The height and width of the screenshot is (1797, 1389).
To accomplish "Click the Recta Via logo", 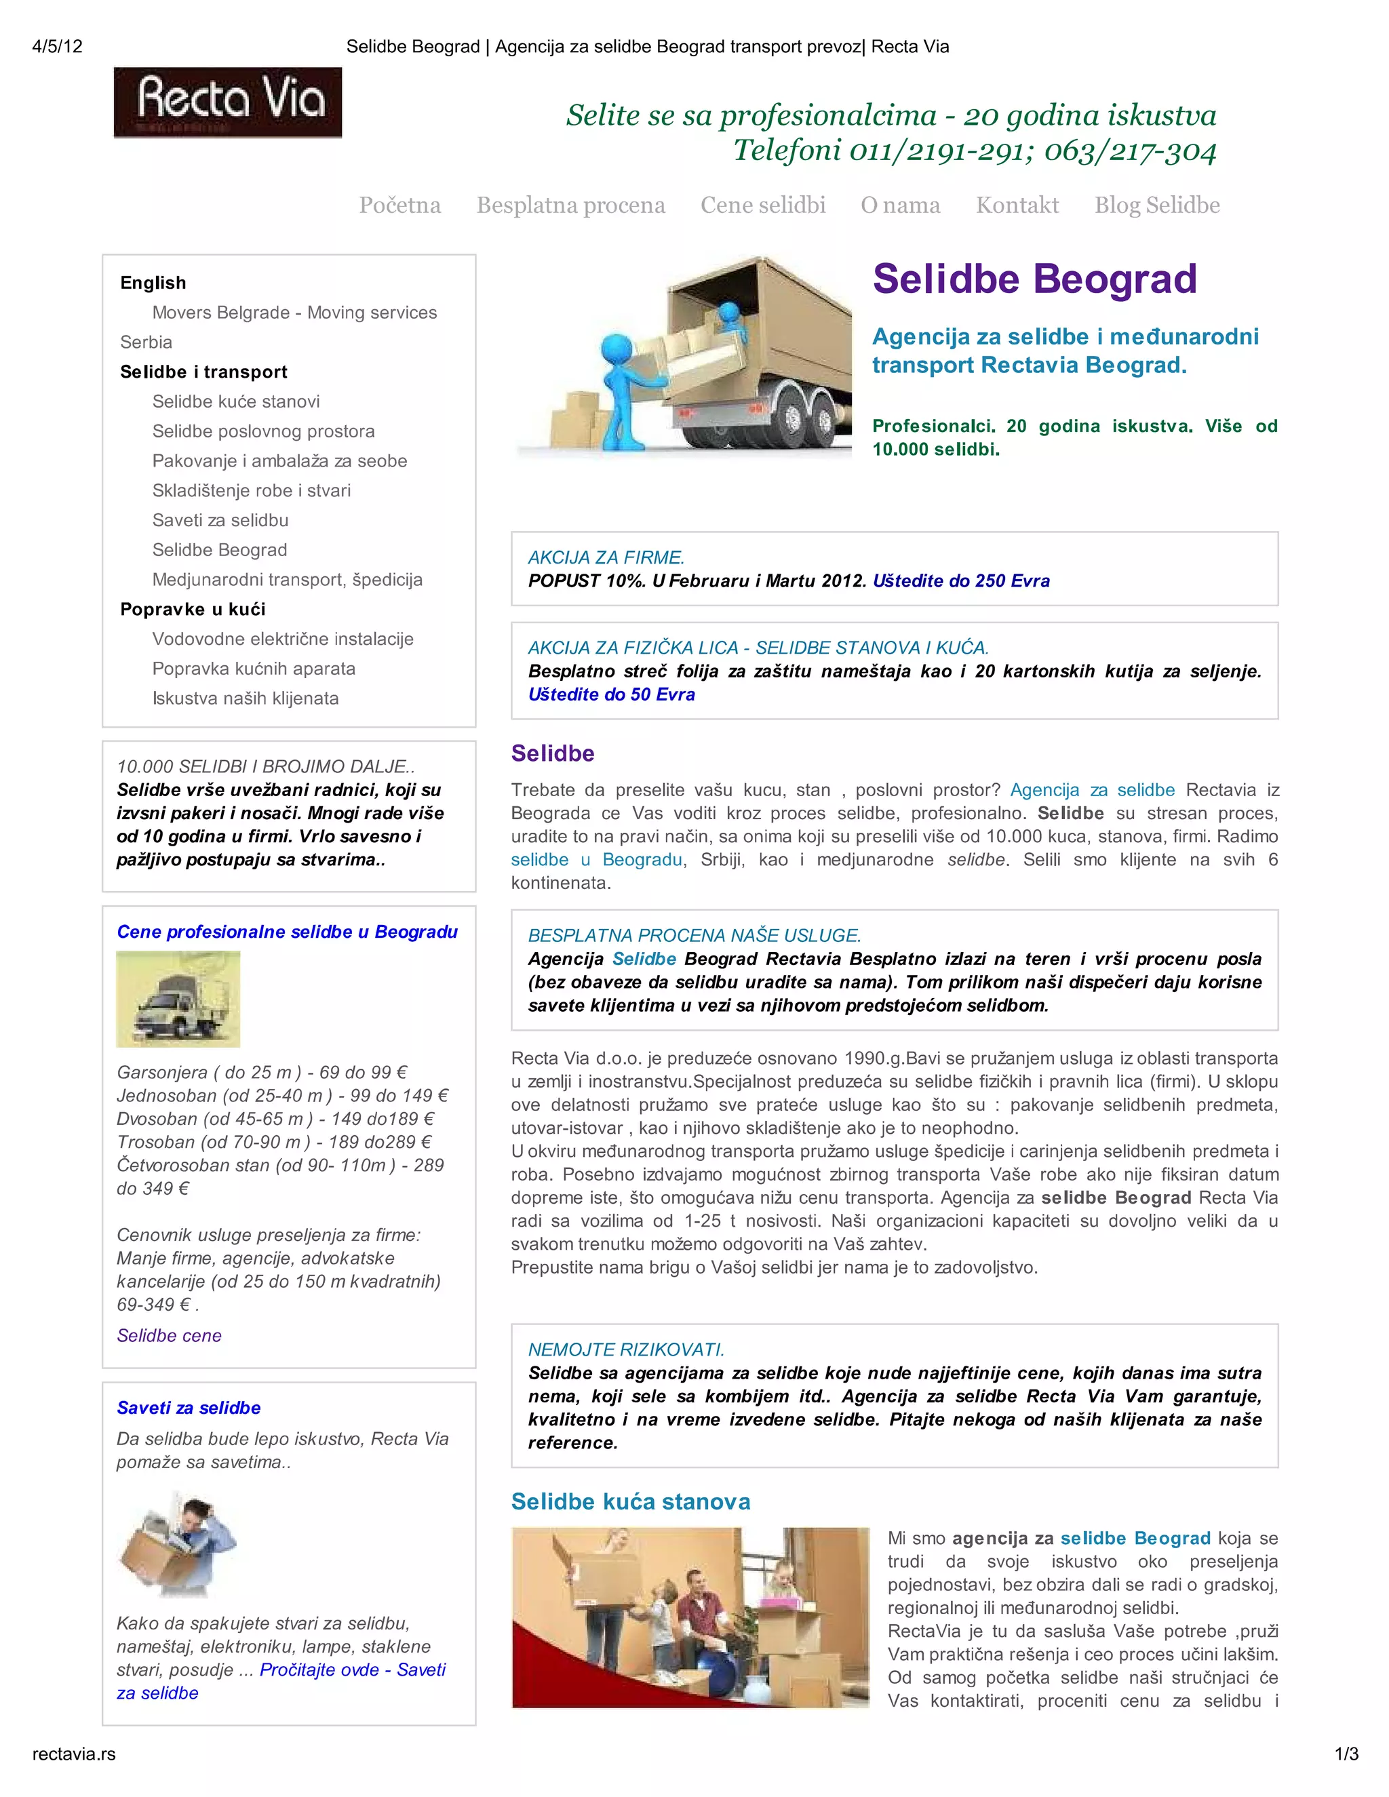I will [227, 102].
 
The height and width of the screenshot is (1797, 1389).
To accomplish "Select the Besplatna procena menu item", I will [570, 205].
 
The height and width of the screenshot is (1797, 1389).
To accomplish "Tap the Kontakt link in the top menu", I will [1017, 205].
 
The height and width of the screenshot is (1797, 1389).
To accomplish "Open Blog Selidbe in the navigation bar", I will [1156, 205].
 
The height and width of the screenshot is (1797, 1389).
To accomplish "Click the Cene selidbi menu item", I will [763, 205].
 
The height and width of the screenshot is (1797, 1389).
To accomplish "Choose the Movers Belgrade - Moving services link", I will [294, 313].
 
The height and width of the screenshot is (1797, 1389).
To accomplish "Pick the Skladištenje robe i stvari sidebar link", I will [251, 490].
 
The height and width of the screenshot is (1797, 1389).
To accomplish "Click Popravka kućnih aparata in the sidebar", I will [254, 668].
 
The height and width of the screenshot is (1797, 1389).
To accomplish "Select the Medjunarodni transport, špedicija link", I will [287, 579].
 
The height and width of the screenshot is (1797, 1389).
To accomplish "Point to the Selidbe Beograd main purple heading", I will [1034, 279].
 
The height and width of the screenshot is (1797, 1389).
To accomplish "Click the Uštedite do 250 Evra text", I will [960, 581].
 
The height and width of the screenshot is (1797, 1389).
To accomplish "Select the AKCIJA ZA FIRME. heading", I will [606, 558].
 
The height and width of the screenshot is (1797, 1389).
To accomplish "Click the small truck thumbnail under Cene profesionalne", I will [178, 999].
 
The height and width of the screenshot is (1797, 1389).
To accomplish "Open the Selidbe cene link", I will [169, 1335].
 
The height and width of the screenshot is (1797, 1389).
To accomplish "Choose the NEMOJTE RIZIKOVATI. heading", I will [625, 1350].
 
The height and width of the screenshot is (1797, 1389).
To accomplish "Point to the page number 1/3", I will [1346, 1754].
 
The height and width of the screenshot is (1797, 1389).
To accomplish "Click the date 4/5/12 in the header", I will [58, 46].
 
